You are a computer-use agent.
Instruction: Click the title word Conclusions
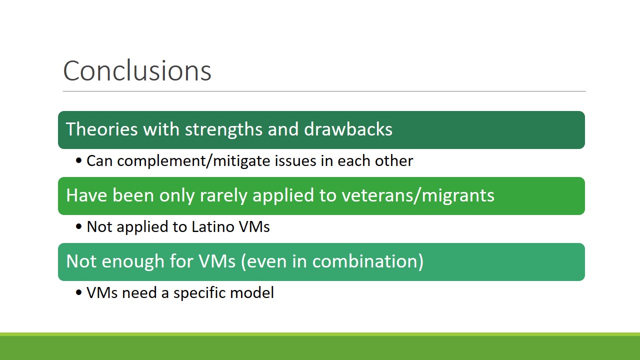pos(137,70)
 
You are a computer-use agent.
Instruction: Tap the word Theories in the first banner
pos(102,129)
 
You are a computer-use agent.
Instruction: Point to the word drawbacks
pos(348,129)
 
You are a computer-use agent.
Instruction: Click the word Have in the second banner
pos(86,195)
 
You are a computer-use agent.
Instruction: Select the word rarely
pos(223,196)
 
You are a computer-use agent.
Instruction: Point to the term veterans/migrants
pos(418,196)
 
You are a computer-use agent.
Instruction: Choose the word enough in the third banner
pos(133,262)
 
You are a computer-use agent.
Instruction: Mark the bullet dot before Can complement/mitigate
pos(79,161)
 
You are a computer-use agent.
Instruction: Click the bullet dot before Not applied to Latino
pos(79,227)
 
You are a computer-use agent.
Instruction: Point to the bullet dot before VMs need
pos(79,293)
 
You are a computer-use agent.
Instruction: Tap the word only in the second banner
pos(177,196)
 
